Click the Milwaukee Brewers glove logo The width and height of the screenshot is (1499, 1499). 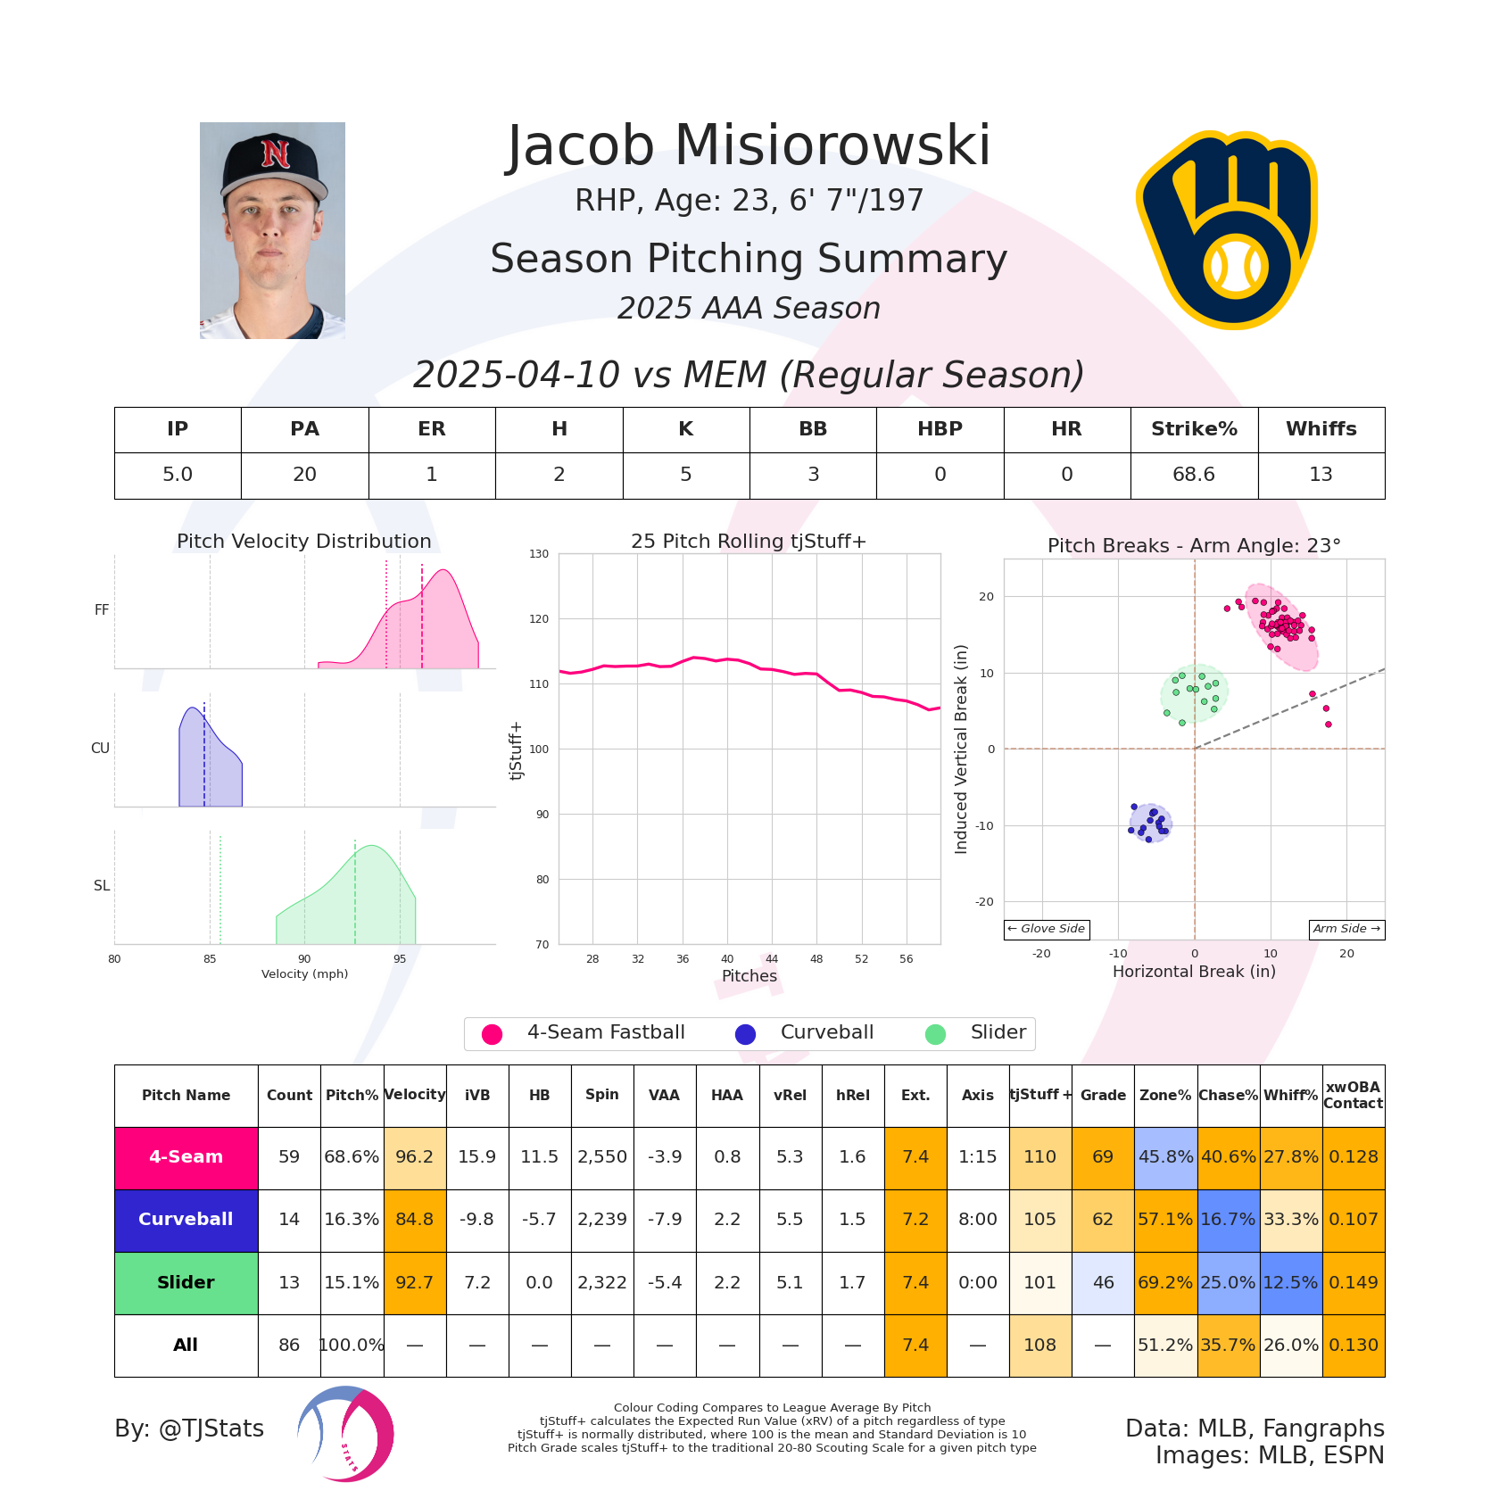point(1227,230)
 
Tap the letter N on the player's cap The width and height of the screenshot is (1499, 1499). point(276,153)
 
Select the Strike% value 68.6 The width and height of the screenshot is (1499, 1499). point(1194,475)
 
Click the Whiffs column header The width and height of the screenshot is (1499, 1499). point(1321,429)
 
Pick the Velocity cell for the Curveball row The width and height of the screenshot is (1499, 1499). point(415,1220)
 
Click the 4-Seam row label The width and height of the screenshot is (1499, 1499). point(186,1157)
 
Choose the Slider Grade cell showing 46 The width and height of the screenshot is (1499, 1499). point(1103,1282)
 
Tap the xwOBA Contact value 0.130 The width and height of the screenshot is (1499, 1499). point(1354,1345)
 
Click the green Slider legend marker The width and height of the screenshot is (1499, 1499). point(935,1034)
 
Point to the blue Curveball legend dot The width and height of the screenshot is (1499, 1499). point(745,1034)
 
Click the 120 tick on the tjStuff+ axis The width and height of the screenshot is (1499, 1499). point(539,619)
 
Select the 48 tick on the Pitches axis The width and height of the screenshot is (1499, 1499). point(816,959)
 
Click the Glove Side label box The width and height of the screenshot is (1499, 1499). point(1047,929)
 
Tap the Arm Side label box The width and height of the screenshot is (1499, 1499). point(1346,929)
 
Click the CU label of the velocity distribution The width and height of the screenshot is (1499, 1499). point(100,749)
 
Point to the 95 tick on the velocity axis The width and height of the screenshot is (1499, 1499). point(400,959)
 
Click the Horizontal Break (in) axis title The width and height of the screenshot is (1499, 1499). point(1194,972)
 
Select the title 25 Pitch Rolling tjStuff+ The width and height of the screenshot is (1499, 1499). point(749,542)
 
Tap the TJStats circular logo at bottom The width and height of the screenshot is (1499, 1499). point(346,1434)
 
